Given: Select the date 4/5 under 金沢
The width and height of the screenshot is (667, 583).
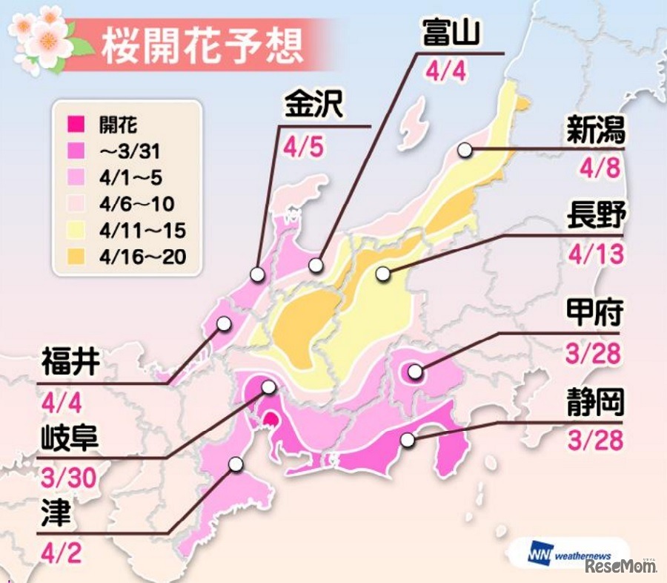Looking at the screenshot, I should tap(304, 148).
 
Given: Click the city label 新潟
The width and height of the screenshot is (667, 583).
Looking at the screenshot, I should tap(596, 132).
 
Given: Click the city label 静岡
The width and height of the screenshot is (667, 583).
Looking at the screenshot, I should tap(594, 405).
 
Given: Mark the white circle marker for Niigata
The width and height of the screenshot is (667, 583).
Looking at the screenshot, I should tap(465, 150).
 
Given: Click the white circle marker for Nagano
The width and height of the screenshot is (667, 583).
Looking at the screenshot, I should tap(382, 274).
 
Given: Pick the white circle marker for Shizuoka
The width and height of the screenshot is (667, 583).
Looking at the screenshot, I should tap(407, 441).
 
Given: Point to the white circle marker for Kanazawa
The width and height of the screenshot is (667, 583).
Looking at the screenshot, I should tap(257, 274).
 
